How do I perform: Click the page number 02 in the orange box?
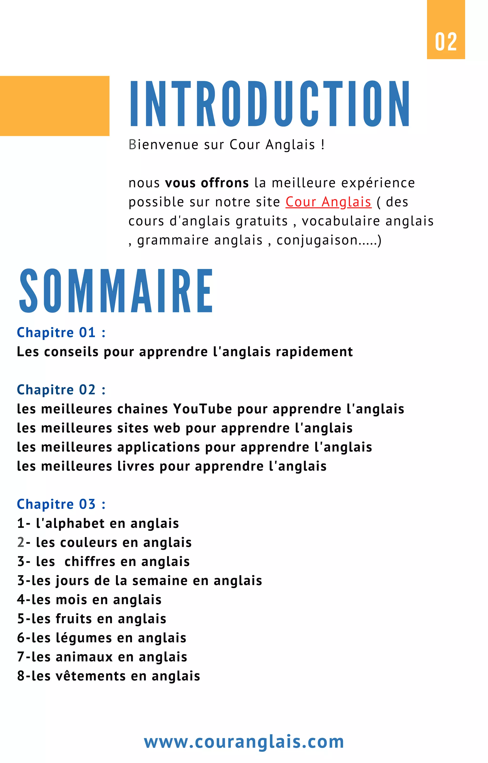(446, 42)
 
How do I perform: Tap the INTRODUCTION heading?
(270, 104)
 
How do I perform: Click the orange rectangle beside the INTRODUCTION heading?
(55, 106)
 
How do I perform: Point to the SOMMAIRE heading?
(116, 291)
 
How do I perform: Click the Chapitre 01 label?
(61, 333)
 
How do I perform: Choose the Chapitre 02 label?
(61, 390)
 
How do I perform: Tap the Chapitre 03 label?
(61, 504)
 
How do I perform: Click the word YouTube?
(203, 409)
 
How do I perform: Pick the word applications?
(158, 447)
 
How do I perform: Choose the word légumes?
(84, 638)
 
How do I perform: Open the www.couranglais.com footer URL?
(244, 742)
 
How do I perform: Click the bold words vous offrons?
(207, 183)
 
